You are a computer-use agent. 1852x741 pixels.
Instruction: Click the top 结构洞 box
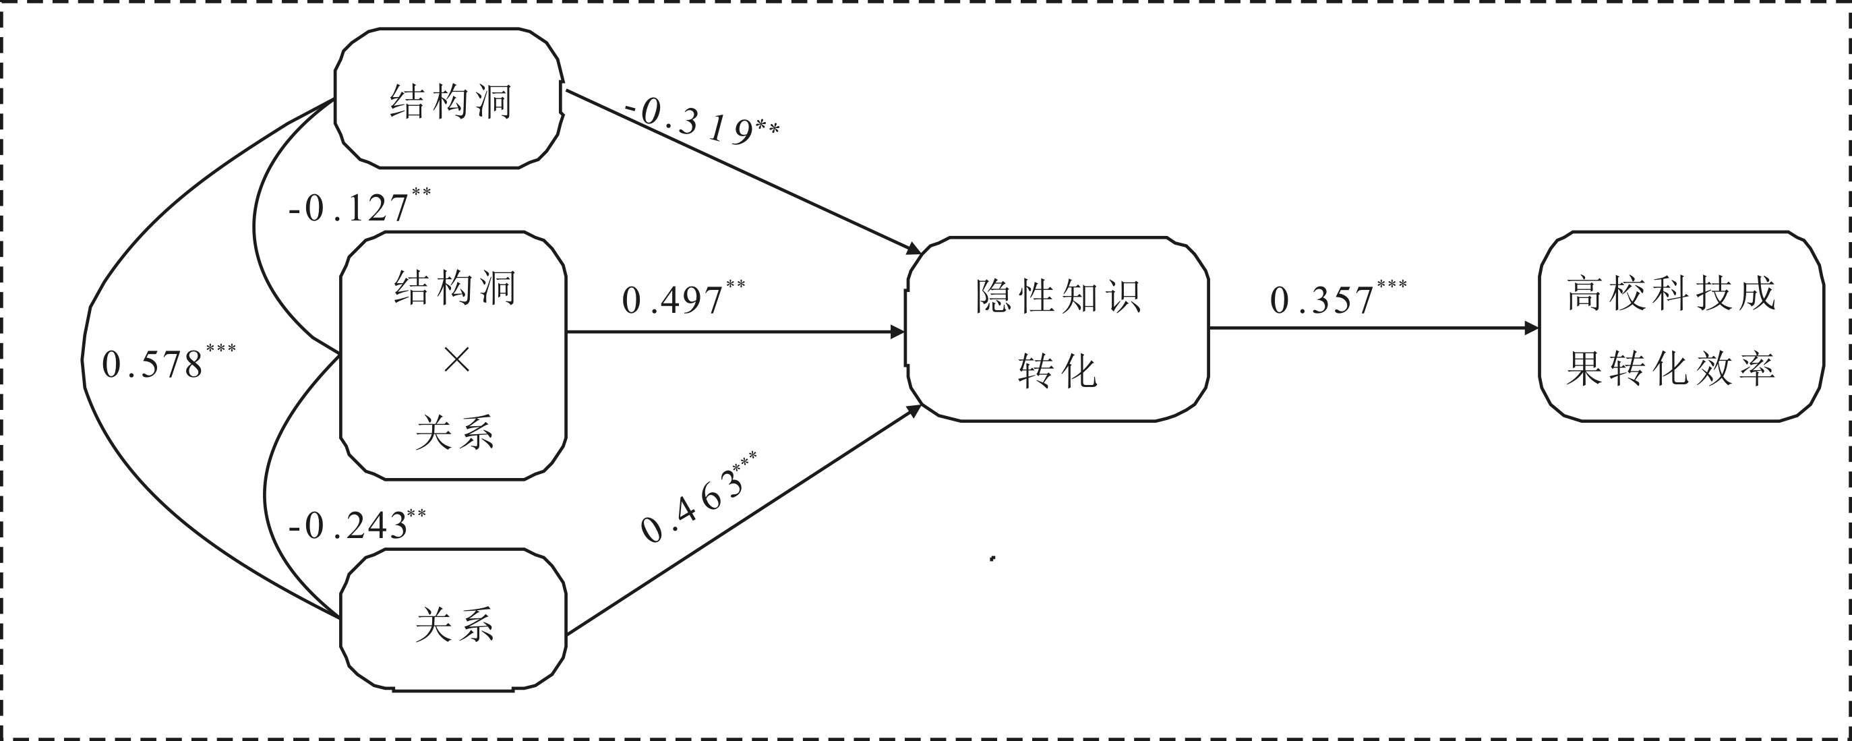click(448, 99)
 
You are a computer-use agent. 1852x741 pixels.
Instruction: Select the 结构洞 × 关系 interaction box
click(454, 355)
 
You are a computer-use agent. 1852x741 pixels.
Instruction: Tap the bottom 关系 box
click(454, 620)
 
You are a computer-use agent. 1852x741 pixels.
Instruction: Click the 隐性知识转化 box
click(1057, 328)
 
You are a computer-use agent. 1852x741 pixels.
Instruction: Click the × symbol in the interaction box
click(456, 359)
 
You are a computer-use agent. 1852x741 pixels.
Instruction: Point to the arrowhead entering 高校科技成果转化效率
click(1530, 328)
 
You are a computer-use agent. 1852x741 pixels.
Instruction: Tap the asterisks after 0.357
click(1392, 285)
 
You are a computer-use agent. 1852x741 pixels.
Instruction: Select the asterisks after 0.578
click(220, 349)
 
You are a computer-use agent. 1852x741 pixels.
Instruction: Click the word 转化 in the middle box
click(1057, 371)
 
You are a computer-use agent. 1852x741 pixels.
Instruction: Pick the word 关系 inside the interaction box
click(455, 433)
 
